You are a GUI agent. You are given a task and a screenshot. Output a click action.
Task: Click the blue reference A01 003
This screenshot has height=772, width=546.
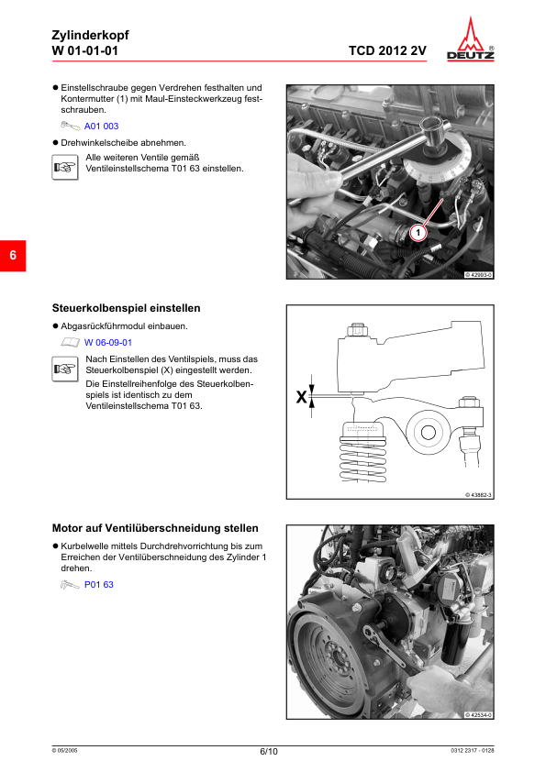pos(101,127)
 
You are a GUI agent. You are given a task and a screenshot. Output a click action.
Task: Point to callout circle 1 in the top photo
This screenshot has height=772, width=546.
pos(417,234)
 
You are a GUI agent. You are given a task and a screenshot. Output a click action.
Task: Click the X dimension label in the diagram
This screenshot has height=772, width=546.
pos(301,398)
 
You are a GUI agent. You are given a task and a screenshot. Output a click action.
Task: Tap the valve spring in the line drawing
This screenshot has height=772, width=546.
pos(365,455)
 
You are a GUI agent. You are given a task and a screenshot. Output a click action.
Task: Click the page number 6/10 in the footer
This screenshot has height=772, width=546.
pos(269,751)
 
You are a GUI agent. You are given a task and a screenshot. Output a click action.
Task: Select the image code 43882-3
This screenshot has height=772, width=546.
pos(478,495)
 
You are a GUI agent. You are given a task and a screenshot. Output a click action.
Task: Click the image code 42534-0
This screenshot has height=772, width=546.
pos(478,715)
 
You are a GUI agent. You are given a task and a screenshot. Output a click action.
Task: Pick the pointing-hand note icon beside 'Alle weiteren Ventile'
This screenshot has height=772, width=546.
pos(63,166)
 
